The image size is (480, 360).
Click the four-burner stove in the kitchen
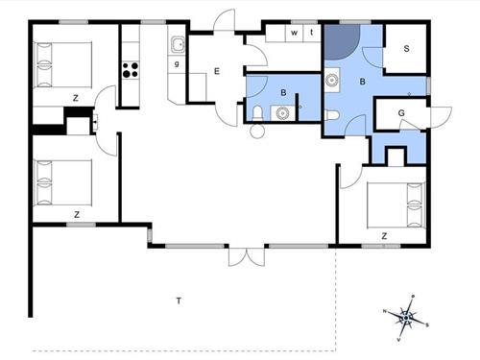pos(131,70)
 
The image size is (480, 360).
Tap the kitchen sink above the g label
pos(178,44)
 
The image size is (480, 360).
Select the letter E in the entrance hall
pos(217,70)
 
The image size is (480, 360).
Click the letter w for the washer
pos(294,33)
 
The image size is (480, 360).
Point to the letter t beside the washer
pos(310,33)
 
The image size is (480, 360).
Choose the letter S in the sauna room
pos(406,47)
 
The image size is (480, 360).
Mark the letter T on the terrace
pos(179,301)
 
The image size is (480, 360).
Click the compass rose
pos(407,316)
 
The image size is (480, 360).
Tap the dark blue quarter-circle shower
pos(342,42)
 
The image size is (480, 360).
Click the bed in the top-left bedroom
pos(62,63)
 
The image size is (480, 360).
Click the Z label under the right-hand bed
pos(384,234)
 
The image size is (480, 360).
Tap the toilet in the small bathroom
pos(256,113)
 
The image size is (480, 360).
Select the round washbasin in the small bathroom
pos(281,112)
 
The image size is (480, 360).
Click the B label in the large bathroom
pos(363,83)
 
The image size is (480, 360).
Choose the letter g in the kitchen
pos(178,63)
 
